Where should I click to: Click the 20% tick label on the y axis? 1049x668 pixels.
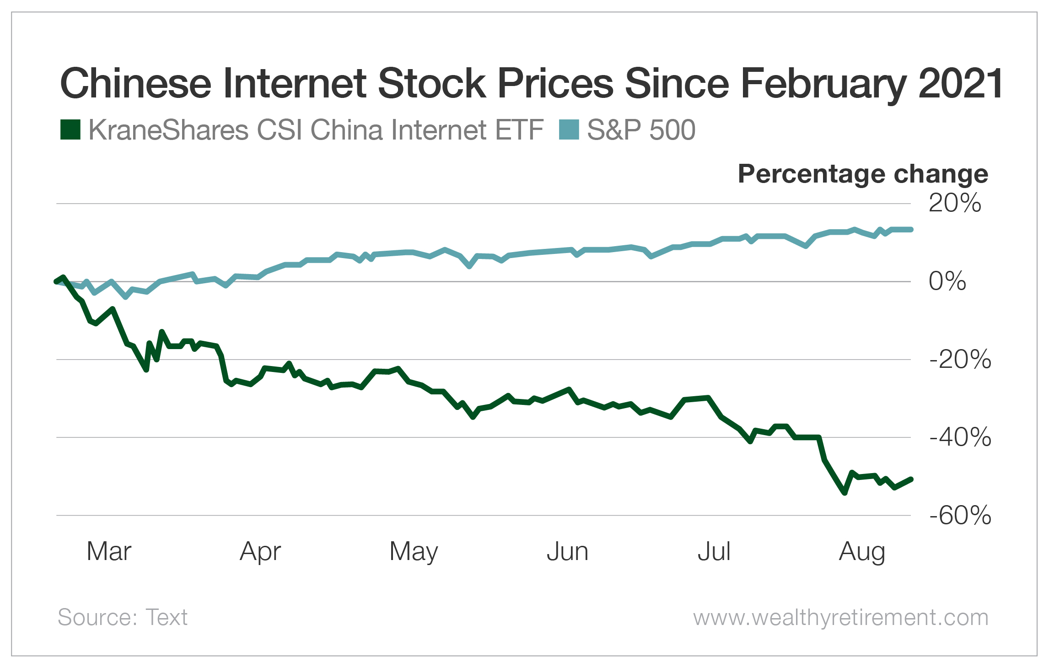point(955,203)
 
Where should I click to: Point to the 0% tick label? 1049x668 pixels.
point(947,281)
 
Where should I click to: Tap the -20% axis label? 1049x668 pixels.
point(960,359)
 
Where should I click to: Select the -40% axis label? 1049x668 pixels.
point(960,437)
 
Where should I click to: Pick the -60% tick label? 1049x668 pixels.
point(960,516)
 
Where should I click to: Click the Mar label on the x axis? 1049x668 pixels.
point(109,551)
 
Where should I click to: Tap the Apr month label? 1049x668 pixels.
point(260,551)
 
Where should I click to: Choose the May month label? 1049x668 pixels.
point(414,551)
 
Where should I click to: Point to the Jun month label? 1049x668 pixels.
point(567,551)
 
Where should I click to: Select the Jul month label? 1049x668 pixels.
point(714,551)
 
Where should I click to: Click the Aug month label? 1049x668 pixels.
point(862,551)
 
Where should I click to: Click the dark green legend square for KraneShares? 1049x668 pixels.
point(70,129)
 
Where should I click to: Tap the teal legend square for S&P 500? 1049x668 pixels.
point(569,129)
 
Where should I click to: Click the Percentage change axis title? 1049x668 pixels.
point(863,174)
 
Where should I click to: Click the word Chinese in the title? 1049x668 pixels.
point(135,83)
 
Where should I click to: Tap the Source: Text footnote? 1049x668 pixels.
point(122,617)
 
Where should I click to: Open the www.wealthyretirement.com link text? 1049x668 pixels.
point(840,617)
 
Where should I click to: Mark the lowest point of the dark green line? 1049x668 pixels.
point(845,493)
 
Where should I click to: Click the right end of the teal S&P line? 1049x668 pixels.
point(911,229)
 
